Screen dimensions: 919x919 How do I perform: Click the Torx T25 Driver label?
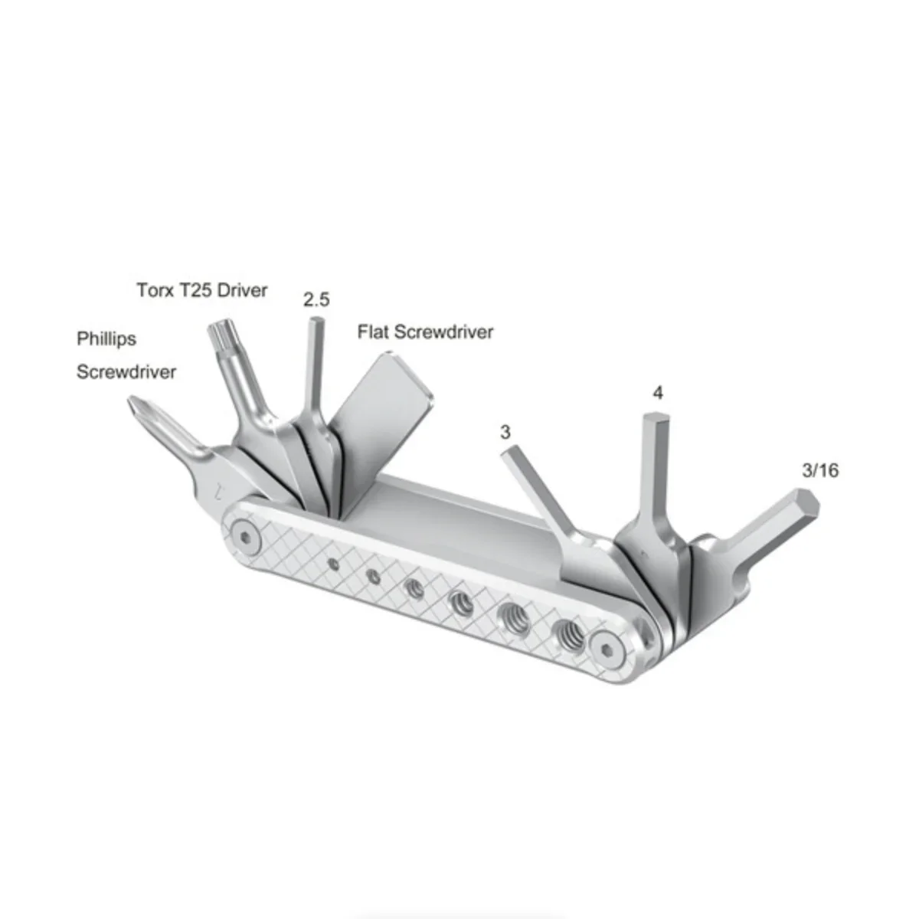click(201, 290)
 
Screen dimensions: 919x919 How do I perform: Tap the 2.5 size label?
click(316, 300)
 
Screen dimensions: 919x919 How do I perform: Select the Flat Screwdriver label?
click(425, 332)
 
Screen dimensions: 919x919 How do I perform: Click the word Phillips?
click(106, 339)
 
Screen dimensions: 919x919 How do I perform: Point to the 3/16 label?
click(820, 471)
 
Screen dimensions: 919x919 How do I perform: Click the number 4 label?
click(658, 393)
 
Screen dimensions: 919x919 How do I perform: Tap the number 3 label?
click(505, 432)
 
